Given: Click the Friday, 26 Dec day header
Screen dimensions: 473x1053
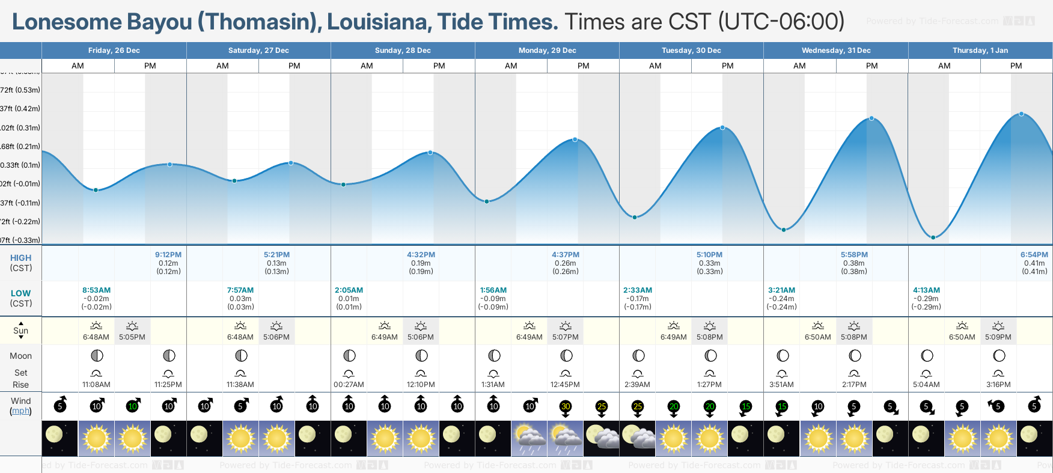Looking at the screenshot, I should (x=114, y=50).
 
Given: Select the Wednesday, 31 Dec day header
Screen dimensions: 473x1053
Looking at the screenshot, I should (x=835, y=50).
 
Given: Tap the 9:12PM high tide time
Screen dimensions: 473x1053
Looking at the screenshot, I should (x=168, y=255).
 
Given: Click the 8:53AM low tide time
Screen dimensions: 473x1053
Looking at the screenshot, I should (x=96, y=290).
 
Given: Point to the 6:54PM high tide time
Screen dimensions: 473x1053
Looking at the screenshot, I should (x=1034, y=255).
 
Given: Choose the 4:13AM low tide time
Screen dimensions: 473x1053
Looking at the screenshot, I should (x=926, y=290).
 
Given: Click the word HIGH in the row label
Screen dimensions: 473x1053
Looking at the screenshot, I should (x=20, y=258).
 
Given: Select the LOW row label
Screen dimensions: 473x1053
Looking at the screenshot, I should (x=20, y=293).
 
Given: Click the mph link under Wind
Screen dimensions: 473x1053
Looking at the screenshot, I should (x=20, y=411).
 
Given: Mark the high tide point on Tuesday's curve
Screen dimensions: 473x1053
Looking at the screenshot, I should (x=722, y=127).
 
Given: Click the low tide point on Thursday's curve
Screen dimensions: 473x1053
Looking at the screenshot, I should (x=933, y=237).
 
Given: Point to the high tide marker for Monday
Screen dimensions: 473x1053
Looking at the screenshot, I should (x=575, y=139).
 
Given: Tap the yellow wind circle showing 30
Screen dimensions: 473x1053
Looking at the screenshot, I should (x=566, y=406).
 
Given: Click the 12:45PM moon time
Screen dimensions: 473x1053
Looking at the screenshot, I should (x=565, y=385).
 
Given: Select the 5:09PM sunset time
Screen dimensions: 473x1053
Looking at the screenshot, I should (x=998, y=337).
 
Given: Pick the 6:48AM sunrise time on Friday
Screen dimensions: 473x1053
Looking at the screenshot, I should (x=96, y=337).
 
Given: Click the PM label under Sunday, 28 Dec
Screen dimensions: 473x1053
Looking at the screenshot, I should (x=439, y=66).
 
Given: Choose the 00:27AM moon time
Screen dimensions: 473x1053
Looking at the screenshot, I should (x=349, y=385).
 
